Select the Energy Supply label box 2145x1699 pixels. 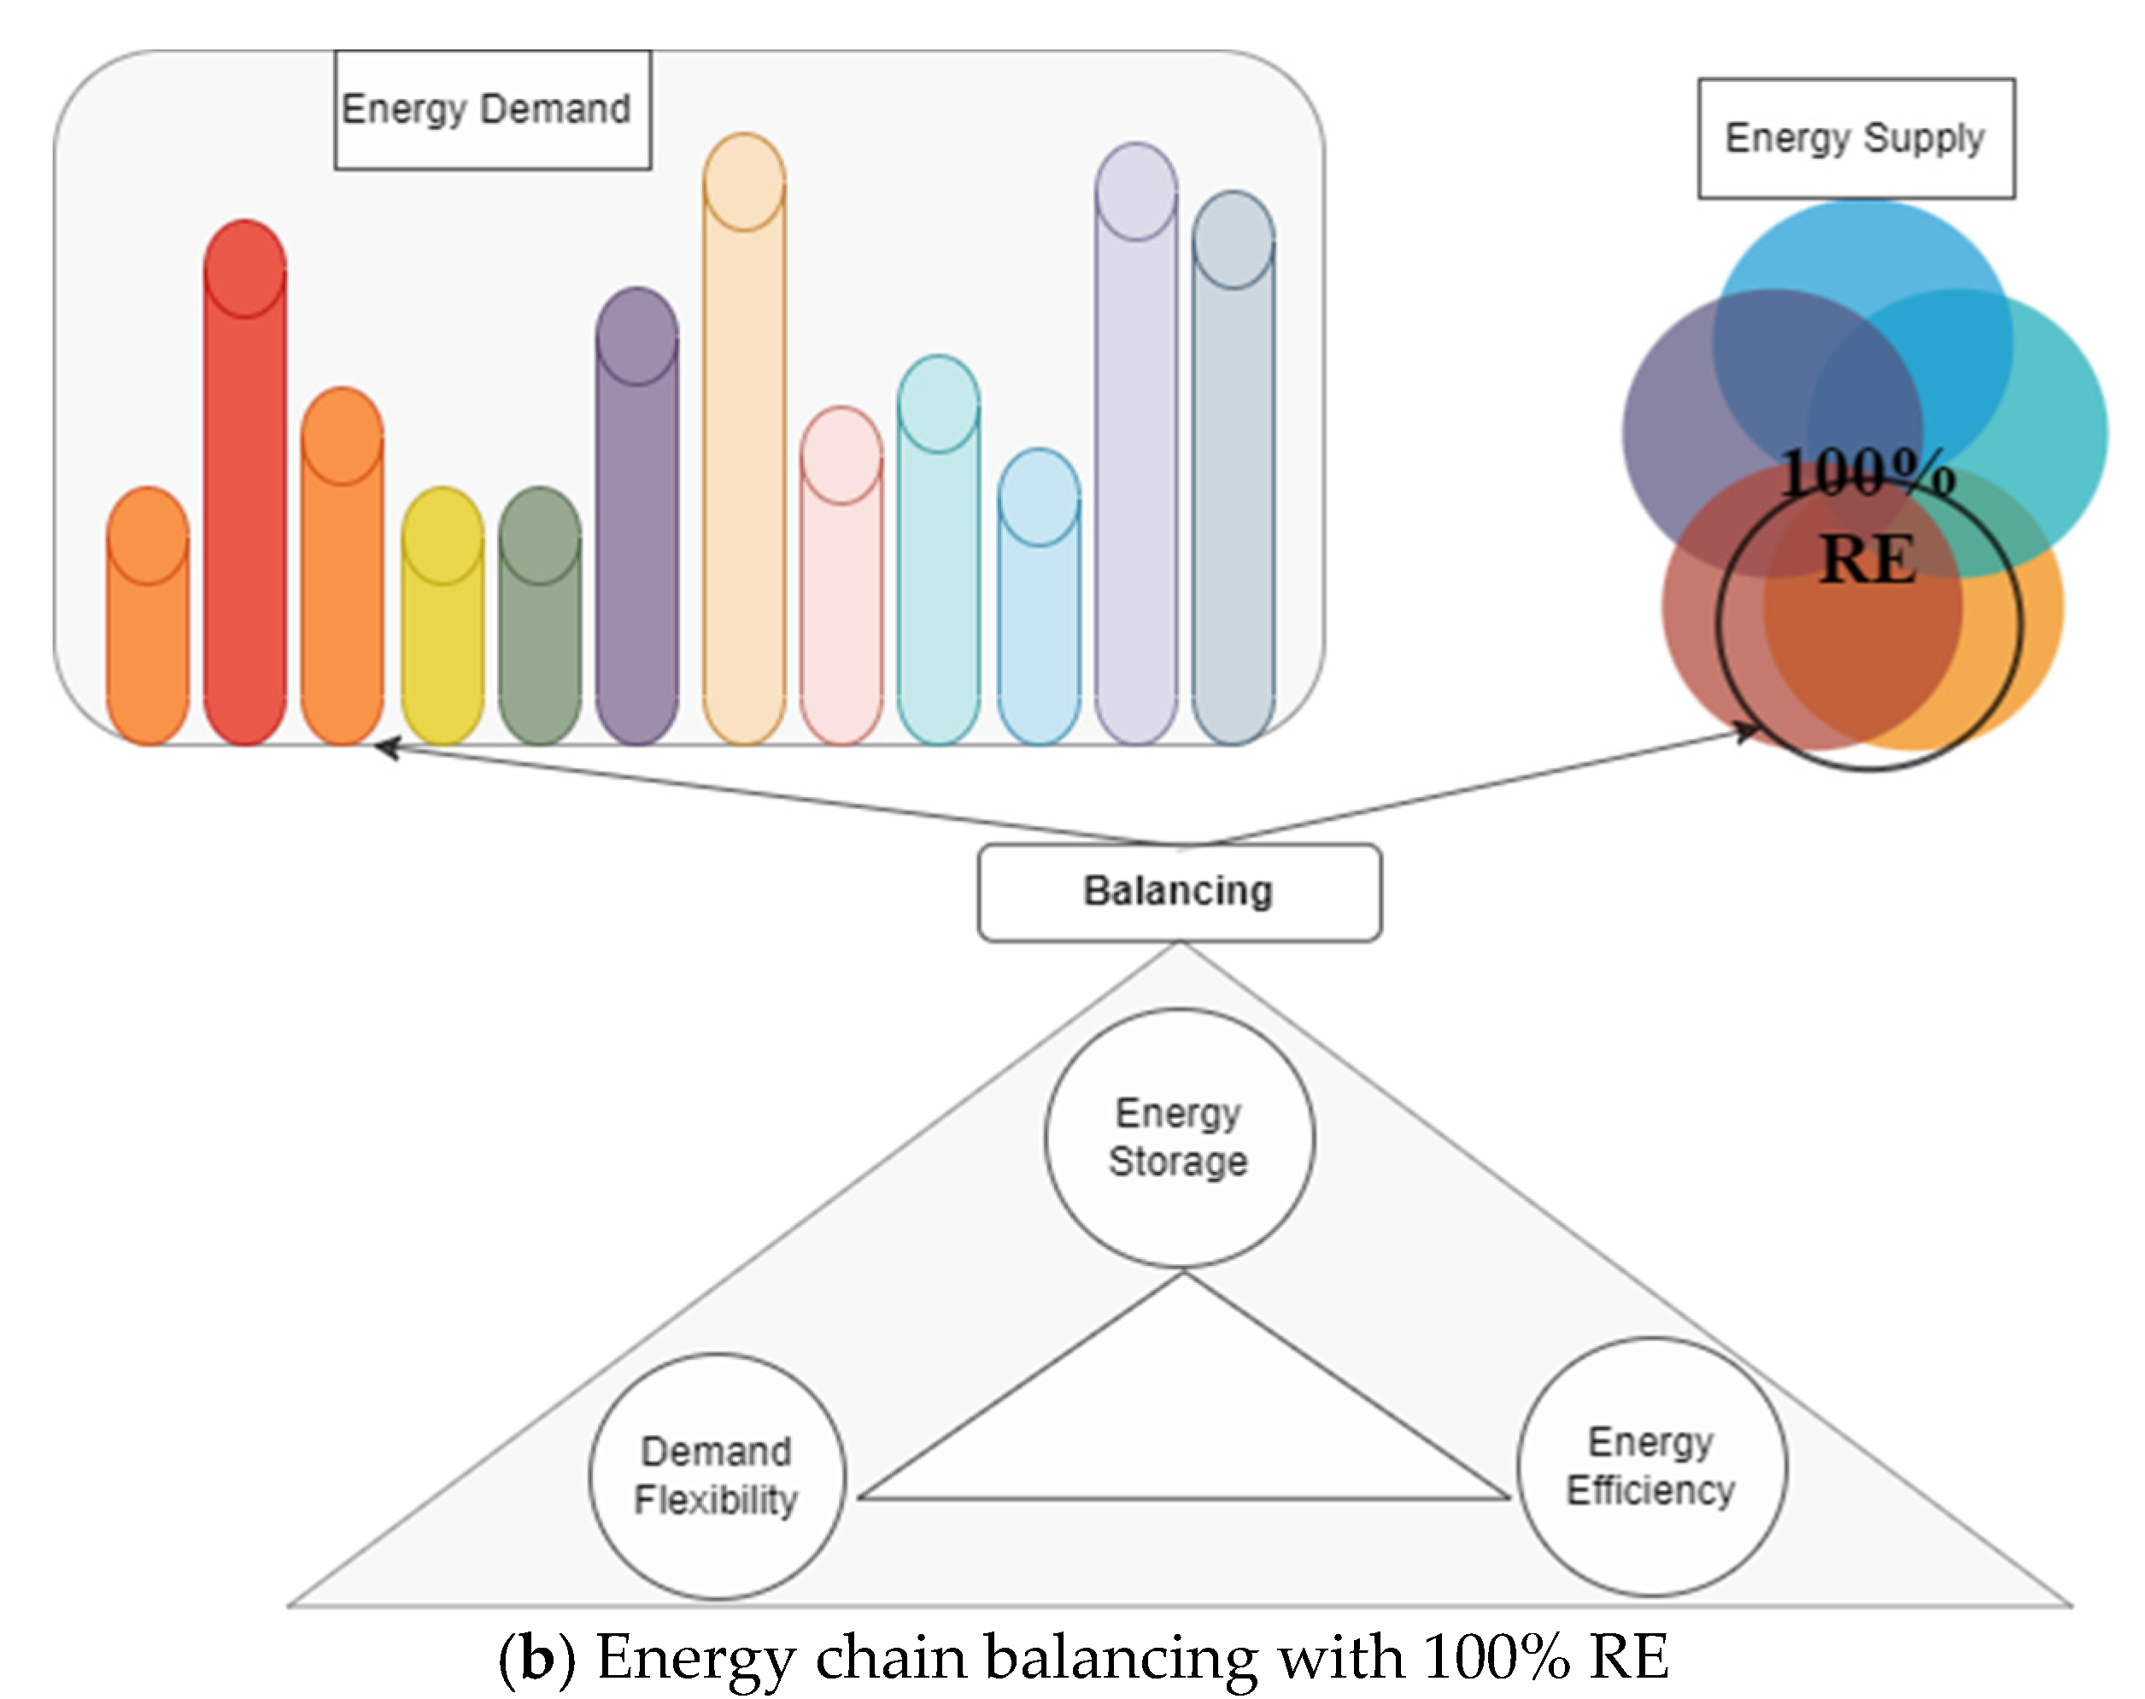[1855, 138]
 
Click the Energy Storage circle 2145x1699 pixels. [1179, 1138]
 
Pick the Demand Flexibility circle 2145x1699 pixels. [717, 1476]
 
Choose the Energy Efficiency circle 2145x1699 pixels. [1651, 1467]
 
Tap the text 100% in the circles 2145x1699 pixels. [1867, 472]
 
